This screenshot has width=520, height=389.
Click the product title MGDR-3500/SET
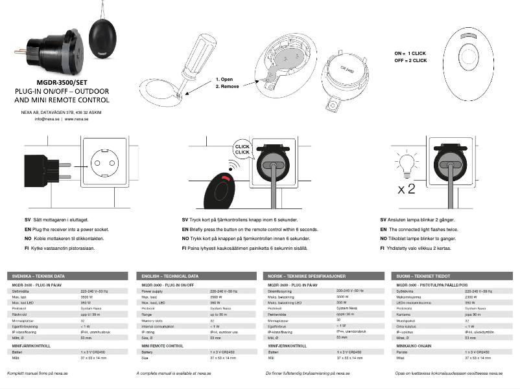coord(62,83)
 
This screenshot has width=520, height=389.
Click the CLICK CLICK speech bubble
coord(242,150)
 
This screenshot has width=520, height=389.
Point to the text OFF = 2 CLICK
coord(410,60)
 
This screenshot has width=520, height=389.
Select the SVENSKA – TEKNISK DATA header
coord(36,276)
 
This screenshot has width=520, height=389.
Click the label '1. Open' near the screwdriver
coord(225,79)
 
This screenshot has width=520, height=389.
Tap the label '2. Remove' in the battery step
coord(228,86)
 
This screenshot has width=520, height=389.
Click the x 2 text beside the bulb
coord(407,189)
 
